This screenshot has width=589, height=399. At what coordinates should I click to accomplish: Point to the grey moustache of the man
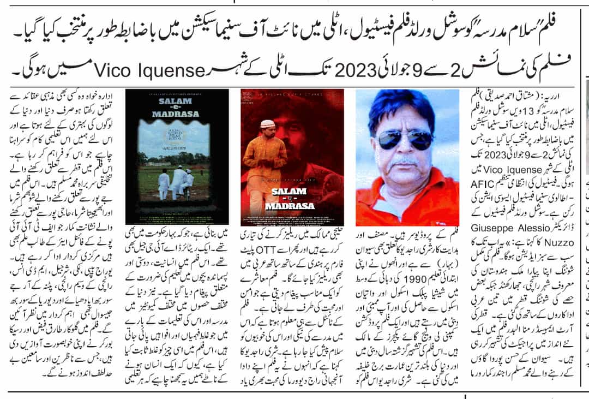tap(406, 162)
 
